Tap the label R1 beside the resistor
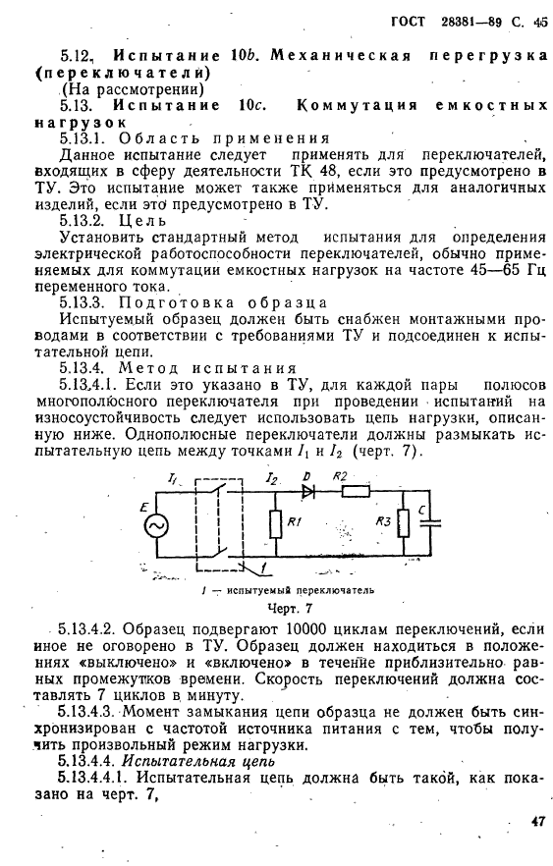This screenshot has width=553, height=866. (296, 522)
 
